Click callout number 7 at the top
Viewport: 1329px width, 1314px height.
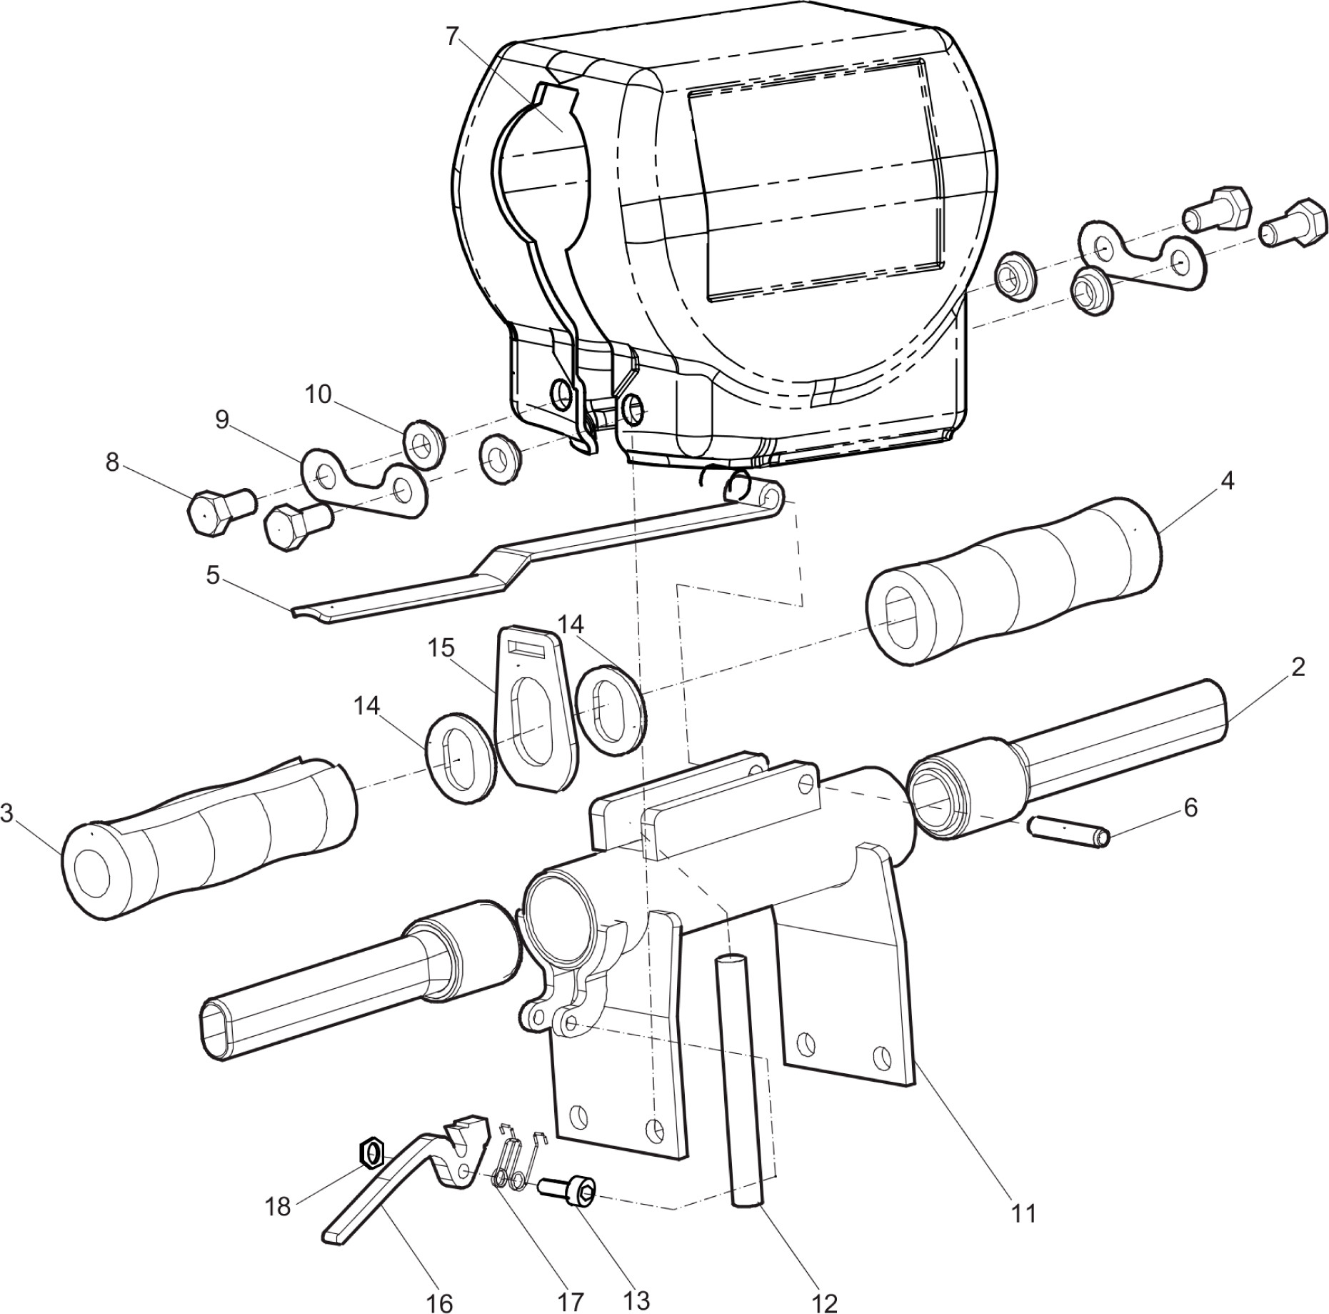click(x=451, y=36)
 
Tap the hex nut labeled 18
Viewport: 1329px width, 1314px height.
click(x=371, y=1153)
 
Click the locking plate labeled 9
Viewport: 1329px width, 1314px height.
click(x=364, y=482)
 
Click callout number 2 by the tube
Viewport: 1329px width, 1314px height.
click(x=1298, y=667)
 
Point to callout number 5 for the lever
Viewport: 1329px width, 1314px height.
click(x=213, y=574)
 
